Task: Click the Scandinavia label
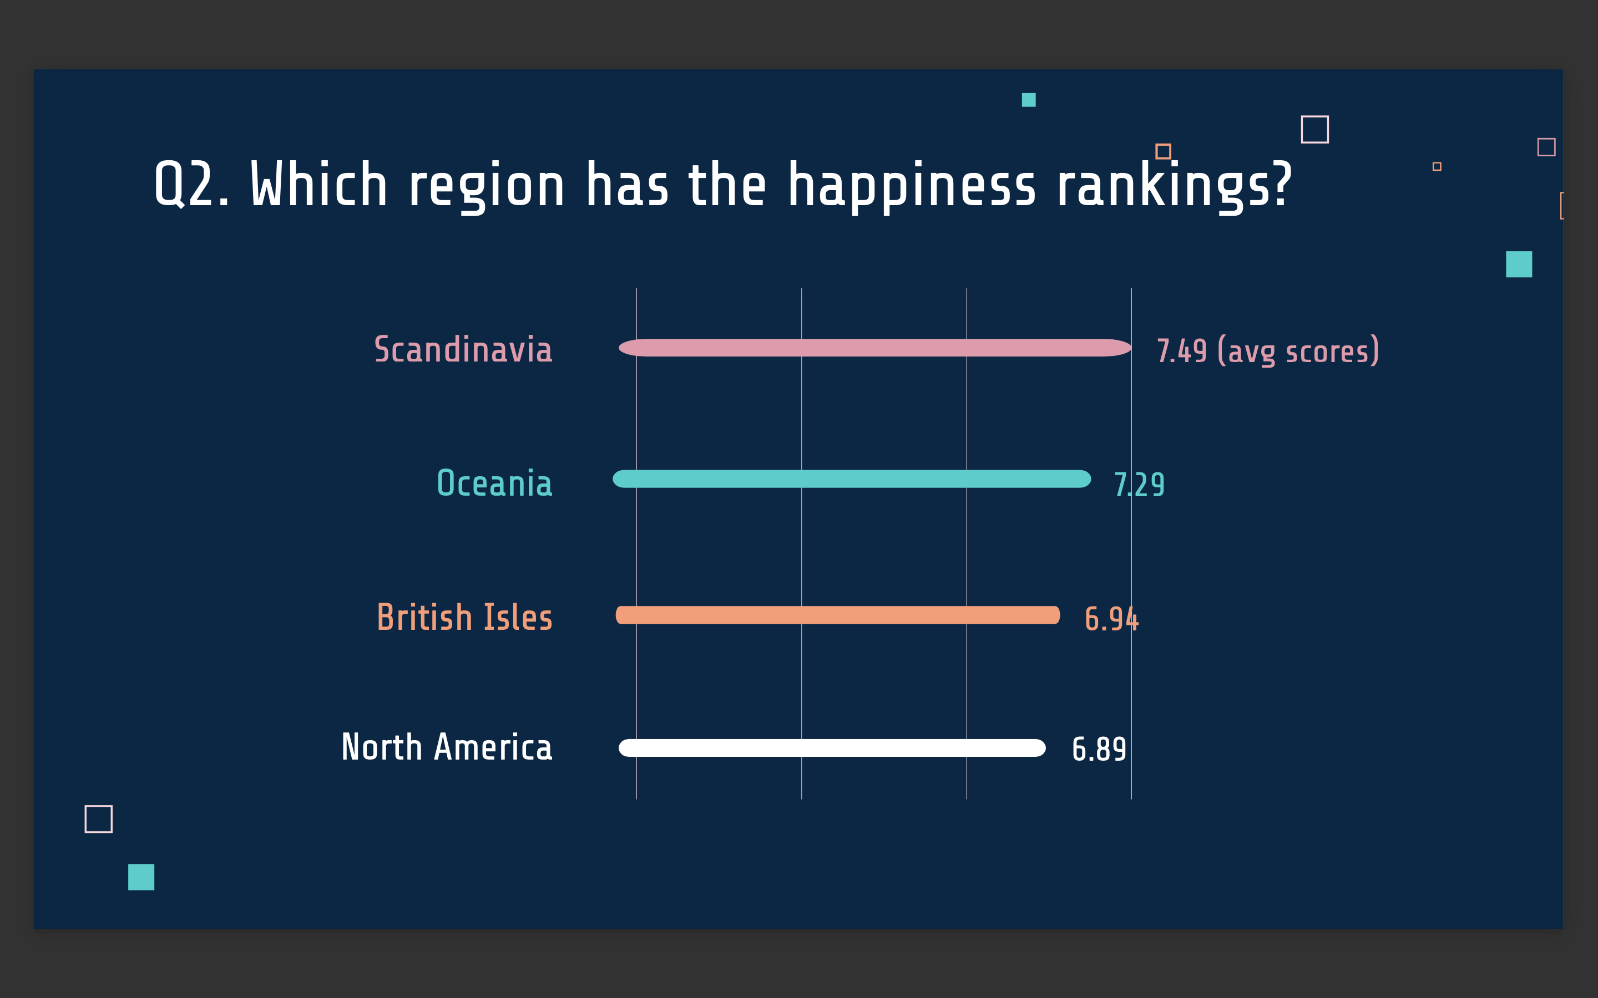tap(463, 349)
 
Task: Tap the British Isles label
tap(464, 617)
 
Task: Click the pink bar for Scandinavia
tap(874, 348)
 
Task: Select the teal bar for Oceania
tap(851, 479)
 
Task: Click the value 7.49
tap(1181, 351)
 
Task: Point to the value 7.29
tap(1139, 485)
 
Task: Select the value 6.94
tap(1111, 619)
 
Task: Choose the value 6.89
tap(1099, 749)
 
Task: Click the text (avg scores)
tap(1298, 351)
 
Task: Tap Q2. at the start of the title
tap(191, 185)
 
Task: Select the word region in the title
tap(487, 186)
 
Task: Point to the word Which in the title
tap(319, 185)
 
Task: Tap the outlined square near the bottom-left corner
tap(98, 819)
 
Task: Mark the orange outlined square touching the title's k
tap(1163, 151)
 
